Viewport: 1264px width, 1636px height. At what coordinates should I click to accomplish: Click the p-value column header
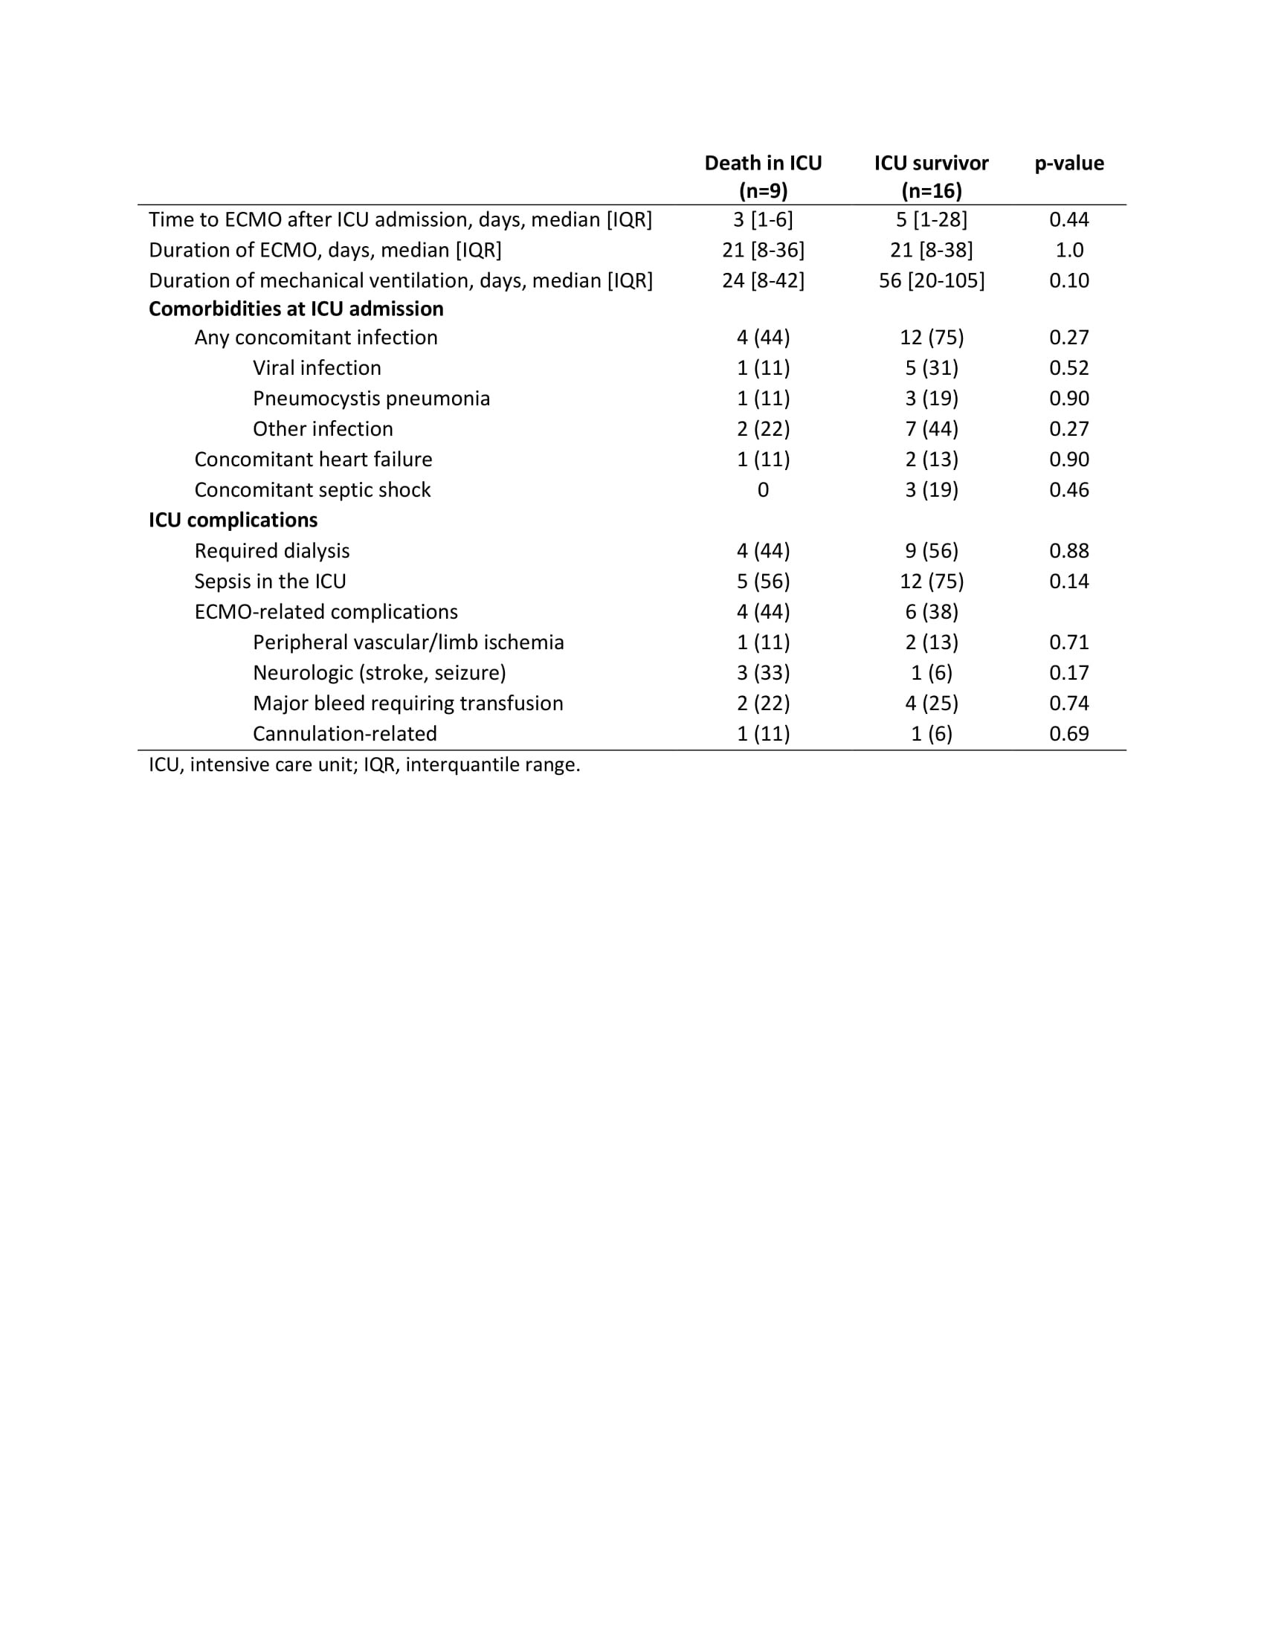pyautogui.click(x=1068, y=164)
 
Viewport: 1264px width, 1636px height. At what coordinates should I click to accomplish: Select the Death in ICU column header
pyautogui.click(x=762, y=176)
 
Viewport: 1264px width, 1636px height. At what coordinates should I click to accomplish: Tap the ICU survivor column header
pyautogui.click(x=931, y=176)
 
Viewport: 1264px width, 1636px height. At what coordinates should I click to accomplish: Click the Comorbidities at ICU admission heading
pyautogui.click(x=296, y=309)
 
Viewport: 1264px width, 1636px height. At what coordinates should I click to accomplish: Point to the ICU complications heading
pyautogui.click(x=233, y=520)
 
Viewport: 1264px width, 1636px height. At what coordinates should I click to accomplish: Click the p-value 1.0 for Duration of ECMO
pyautogui.click(x=1068, y=250)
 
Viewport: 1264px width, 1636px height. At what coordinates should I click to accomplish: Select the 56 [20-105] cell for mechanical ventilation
pyautogui.click(x=931, y=281)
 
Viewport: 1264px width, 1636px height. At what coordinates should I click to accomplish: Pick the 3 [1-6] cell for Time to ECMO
pyautogui.click(x=762, y=219)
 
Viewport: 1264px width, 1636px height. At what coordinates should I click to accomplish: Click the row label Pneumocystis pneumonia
pyautogui.click(x=371, y=399)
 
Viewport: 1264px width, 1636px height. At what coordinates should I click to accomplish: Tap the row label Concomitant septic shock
pyautogui.click(x=312, y=490)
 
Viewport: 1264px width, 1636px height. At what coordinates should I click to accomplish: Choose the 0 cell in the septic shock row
pyautogui.click(x=762, y=490)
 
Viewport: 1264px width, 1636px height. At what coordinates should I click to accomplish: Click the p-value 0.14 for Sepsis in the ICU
pyautogui.click(x=1068, y=582)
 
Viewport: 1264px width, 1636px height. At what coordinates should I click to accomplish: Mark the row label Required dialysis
pyautogui.click(x=272, y=551)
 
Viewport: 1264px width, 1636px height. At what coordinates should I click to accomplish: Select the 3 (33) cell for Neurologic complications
pyautogui.click(x=762, y=673)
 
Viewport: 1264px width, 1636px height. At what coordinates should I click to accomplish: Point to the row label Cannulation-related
pyautogui.click(x=344, y=734)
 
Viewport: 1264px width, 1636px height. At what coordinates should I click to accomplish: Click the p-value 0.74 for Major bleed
pyautogui.click(x=1068, y=703)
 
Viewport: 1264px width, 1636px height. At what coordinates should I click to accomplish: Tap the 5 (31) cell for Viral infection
pyautogui.click(x=931, y=368)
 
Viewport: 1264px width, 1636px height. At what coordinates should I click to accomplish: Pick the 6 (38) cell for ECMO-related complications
pyautogui.click(x=931, y=612)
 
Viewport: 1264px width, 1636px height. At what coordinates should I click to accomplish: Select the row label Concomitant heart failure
pyautogui.click(x=313, y=459)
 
